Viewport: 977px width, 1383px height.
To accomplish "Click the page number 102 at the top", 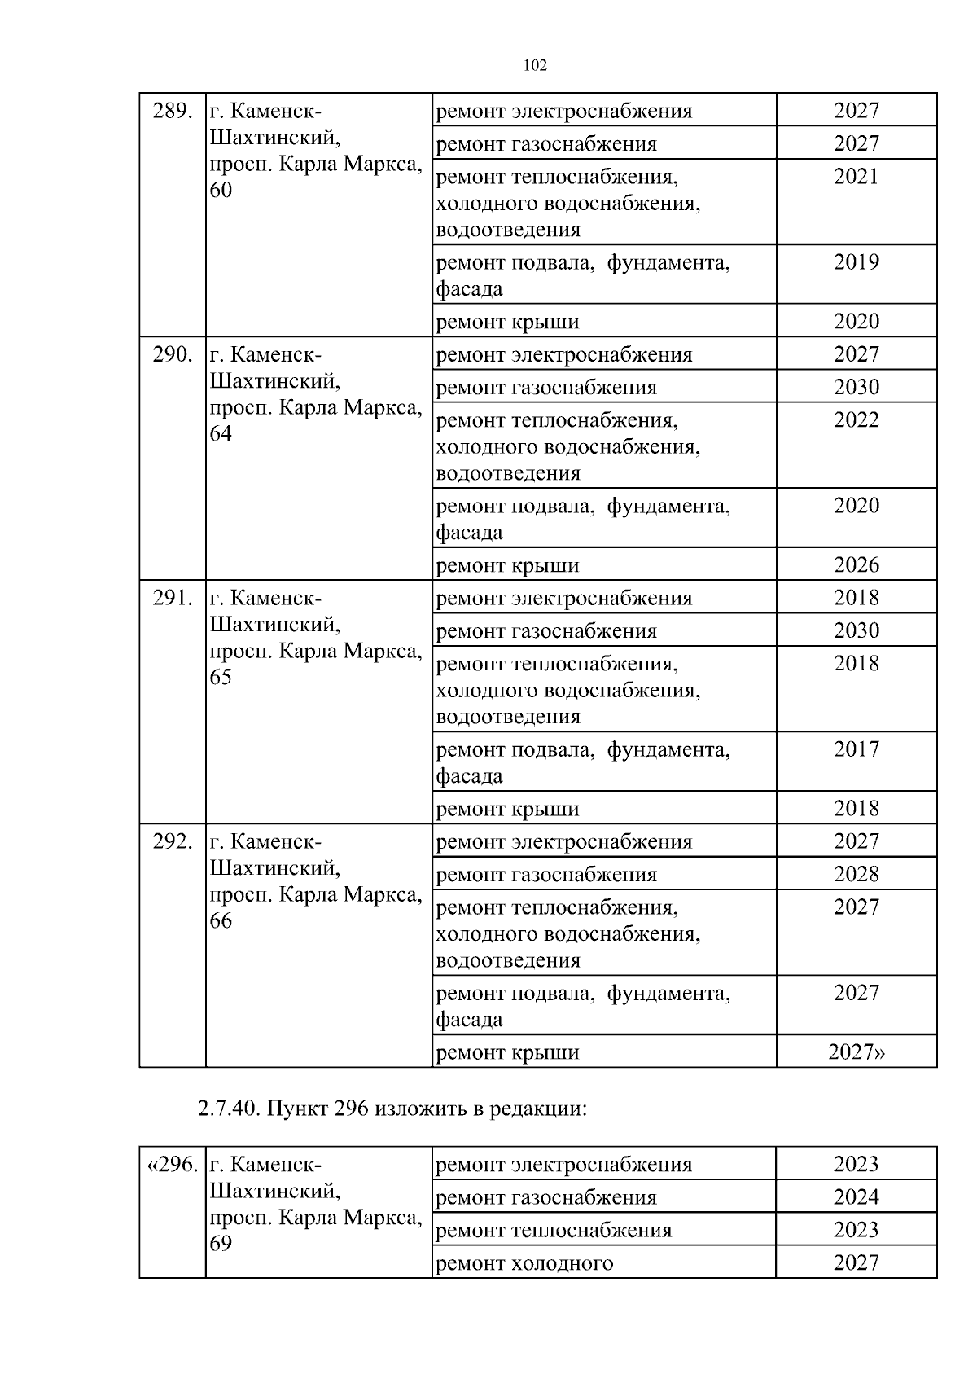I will point(534,66).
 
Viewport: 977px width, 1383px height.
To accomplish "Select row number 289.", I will point(173,111).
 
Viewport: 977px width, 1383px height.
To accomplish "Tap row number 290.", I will point(173,354).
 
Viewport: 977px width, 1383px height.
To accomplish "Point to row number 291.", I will point(173,598).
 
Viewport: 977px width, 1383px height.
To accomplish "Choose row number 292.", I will point(173,841).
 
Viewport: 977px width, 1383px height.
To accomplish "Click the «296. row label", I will point(172,1165).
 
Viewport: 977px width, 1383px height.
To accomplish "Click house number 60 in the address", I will point(221,191).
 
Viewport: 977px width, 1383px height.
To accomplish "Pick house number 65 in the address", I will point(221,678).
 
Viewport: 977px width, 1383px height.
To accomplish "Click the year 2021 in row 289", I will point(856,177).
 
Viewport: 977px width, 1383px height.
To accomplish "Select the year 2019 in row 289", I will point(856,262).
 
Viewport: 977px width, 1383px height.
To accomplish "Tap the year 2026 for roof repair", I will point(856,564).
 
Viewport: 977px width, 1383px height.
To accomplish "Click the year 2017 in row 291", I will point(856,749).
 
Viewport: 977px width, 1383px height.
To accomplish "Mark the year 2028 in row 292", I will point(856,874).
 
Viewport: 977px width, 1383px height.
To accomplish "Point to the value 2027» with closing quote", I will point(857,1052).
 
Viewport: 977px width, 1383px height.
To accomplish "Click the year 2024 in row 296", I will point(856,1197).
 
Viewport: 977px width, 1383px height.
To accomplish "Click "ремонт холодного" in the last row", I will point(525,1263).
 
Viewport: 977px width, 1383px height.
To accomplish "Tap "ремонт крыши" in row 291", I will point(508,809).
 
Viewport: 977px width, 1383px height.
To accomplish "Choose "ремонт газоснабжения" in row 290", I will point(546,388).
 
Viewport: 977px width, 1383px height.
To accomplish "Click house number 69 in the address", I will point(221,1244).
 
